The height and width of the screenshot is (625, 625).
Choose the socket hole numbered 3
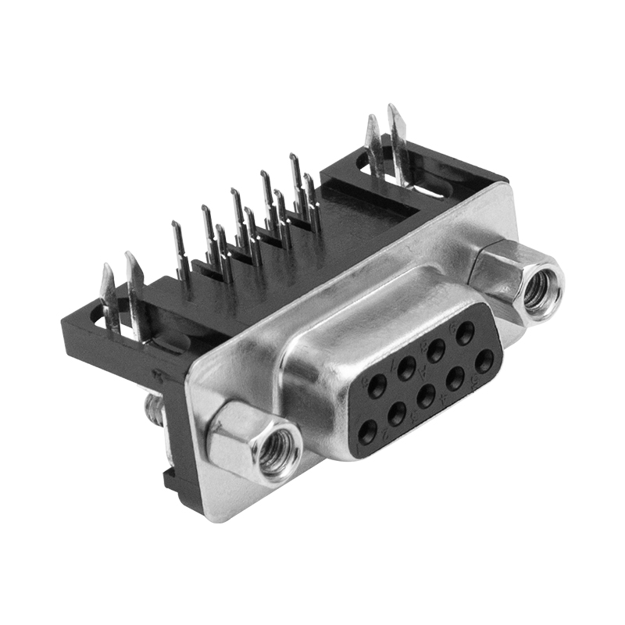click(x=426, y=396)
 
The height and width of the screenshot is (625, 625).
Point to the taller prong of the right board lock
click(x=398, y=141)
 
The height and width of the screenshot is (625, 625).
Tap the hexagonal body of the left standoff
click(x=234, y=437)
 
